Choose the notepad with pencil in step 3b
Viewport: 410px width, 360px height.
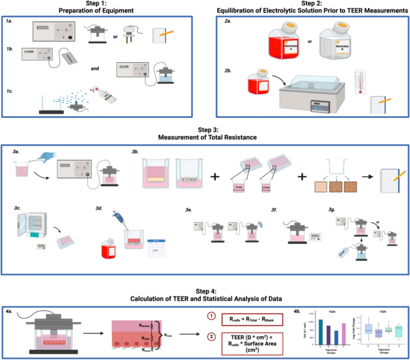coord(387,179)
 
